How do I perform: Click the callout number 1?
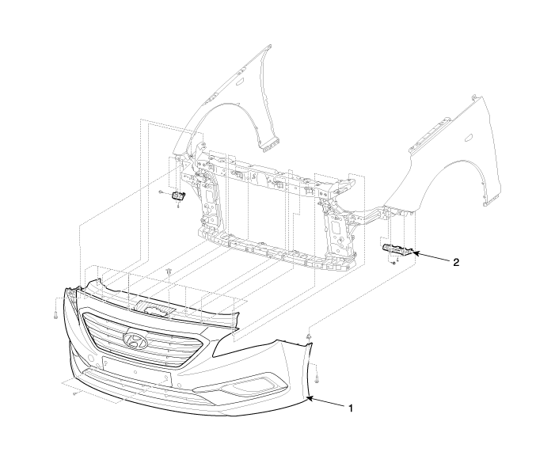coord(350,408)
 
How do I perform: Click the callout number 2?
coord(456,261)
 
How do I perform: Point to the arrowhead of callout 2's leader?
coord(413,253)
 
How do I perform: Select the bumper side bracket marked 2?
coord(397,250)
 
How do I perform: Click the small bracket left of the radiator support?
coord(179,196)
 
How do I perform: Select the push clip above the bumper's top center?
coord(171,274)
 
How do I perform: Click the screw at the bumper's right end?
coord(315,370)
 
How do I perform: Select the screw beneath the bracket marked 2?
coord(393,262)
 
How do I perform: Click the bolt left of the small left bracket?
coord(161,192)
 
